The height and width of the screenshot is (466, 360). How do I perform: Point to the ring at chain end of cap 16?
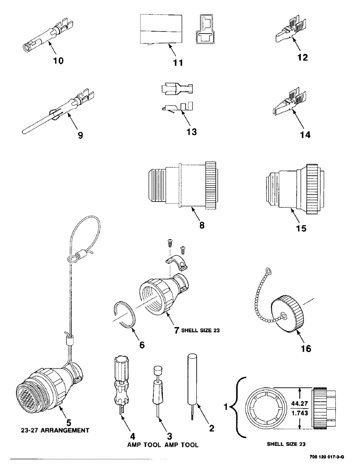tap(267, 270)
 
